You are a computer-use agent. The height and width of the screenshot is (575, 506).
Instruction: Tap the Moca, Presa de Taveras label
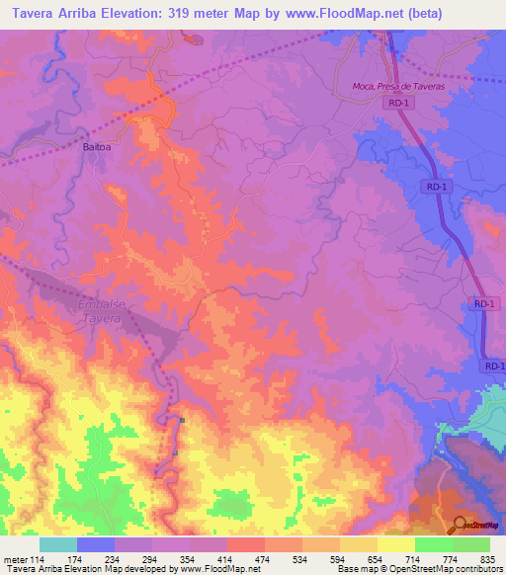coord(399,87)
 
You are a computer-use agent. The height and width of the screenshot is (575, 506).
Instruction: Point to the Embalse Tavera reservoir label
coord(103,313)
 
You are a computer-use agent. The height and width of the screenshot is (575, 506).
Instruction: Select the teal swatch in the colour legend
coord(58,544)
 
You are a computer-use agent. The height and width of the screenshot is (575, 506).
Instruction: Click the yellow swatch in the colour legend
coord(396,544)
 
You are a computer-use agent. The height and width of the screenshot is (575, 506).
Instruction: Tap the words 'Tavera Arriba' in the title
coord(50,13)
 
